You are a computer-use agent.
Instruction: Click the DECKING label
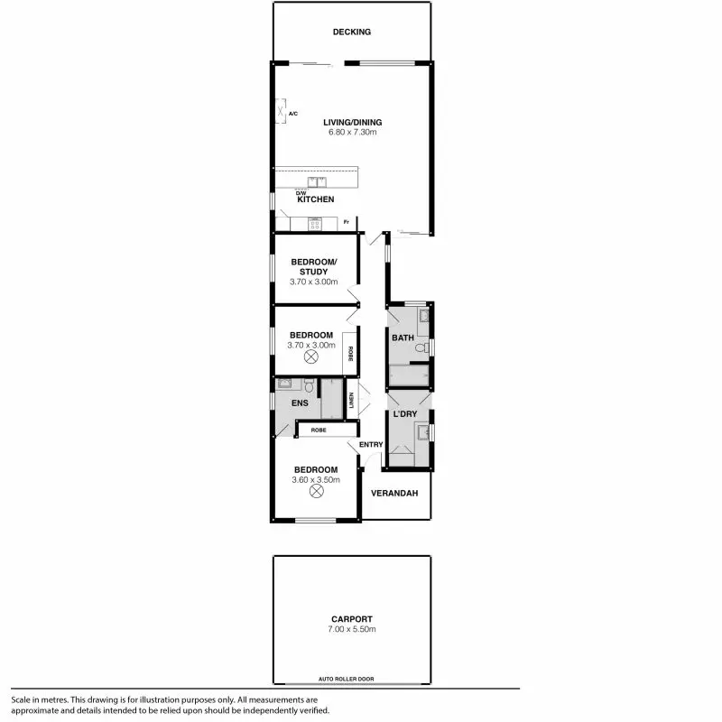tap(351, 32)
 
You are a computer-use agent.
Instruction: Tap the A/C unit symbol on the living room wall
tap(281, 113)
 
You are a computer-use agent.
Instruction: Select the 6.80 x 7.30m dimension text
tap(352, 133)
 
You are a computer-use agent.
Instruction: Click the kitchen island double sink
tap(316, 180)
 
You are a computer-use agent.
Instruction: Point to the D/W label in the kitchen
tap(301, 191)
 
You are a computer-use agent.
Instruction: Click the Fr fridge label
tap(347, 220)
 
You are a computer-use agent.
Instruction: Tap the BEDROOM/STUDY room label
tap(313, 266)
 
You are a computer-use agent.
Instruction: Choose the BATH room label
tap(403, 338)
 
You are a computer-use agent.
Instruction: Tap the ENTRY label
tap(371, 444)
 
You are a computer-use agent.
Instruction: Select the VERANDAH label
tap(395, 493)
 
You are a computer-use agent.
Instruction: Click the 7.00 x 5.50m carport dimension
tap(352, 628)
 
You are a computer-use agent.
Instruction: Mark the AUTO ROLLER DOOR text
tap(346, 678)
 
